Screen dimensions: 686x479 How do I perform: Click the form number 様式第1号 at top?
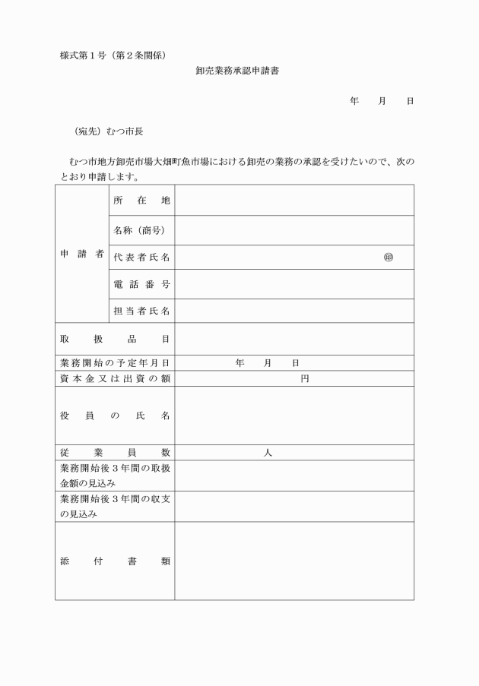(85, 55)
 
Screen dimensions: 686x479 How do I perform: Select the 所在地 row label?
(141, 201)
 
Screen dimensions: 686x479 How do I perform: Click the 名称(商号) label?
(141, 229)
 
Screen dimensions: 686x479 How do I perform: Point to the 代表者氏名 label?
(141, 258)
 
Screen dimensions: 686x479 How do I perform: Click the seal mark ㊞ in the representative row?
(388, 258)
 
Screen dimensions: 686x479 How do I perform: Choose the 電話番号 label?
(141, 284)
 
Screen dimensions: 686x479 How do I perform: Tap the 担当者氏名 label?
(141, 311)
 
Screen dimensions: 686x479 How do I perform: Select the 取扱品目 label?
(114, 339)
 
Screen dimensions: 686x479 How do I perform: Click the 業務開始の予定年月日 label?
(114, 363)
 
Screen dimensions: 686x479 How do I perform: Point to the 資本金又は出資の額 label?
(114, 378)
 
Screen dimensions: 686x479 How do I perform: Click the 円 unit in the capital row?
(304, 378)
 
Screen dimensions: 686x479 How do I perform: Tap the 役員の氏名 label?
(114, 416)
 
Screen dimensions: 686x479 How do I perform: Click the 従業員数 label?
(114, 452)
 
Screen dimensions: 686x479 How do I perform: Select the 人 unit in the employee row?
(268, 452)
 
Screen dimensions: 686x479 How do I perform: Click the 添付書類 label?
(114, 561)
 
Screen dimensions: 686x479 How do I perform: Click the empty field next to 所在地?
(294, 201)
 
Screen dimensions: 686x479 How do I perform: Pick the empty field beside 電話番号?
(294, 284)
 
